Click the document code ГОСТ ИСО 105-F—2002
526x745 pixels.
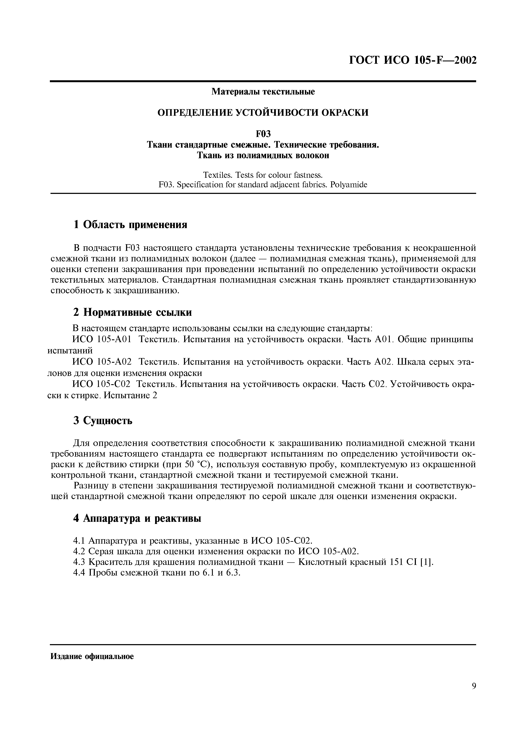pyautogui.click(x=412, y=60)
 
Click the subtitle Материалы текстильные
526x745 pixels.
pyautogui.click(x=263, y=92)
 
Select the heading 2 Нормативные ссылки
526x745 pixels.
pyautogui.click(x=133, y=312)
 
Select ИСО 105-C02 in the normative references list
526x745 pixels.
pyautogui.click(x=101, y=384)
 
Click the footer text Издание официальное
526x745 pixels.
pyautogui.click(x=92, y=656)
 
